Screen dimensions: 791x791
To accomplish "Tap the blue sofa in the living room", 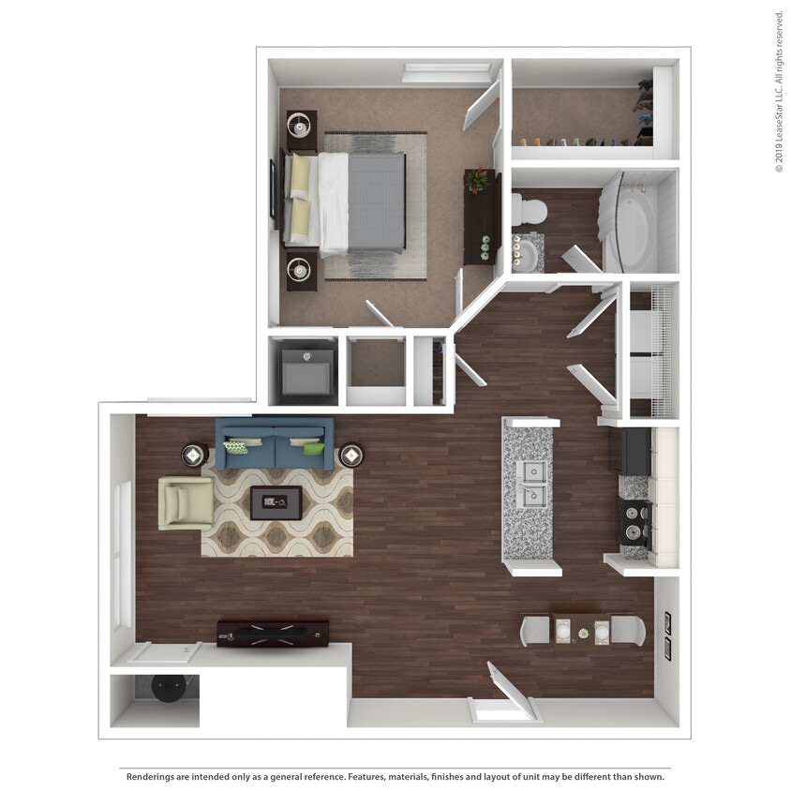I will [x=275, y=443].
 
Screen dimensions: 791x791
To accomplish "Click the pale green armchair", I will [x=185, y=503].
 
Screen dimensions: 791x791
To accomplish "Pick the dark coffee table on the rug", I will [x=276, y=503].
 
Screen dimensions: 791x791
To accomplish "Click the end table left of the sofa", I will [x=194, y=455].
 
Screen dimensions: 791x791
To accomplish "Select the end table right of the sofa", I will [x=351, y=455].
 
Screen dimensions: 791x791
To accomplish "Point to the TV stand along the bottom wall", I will [x=273, y=633].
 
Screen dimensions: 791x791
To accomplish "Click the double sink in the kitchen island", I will [x=531, y=483].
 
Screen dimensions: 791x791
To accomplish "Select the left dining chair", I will [x=536, y=629].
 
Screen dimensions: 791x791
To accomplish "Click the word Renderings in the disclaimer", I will [x=152, y=776].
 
